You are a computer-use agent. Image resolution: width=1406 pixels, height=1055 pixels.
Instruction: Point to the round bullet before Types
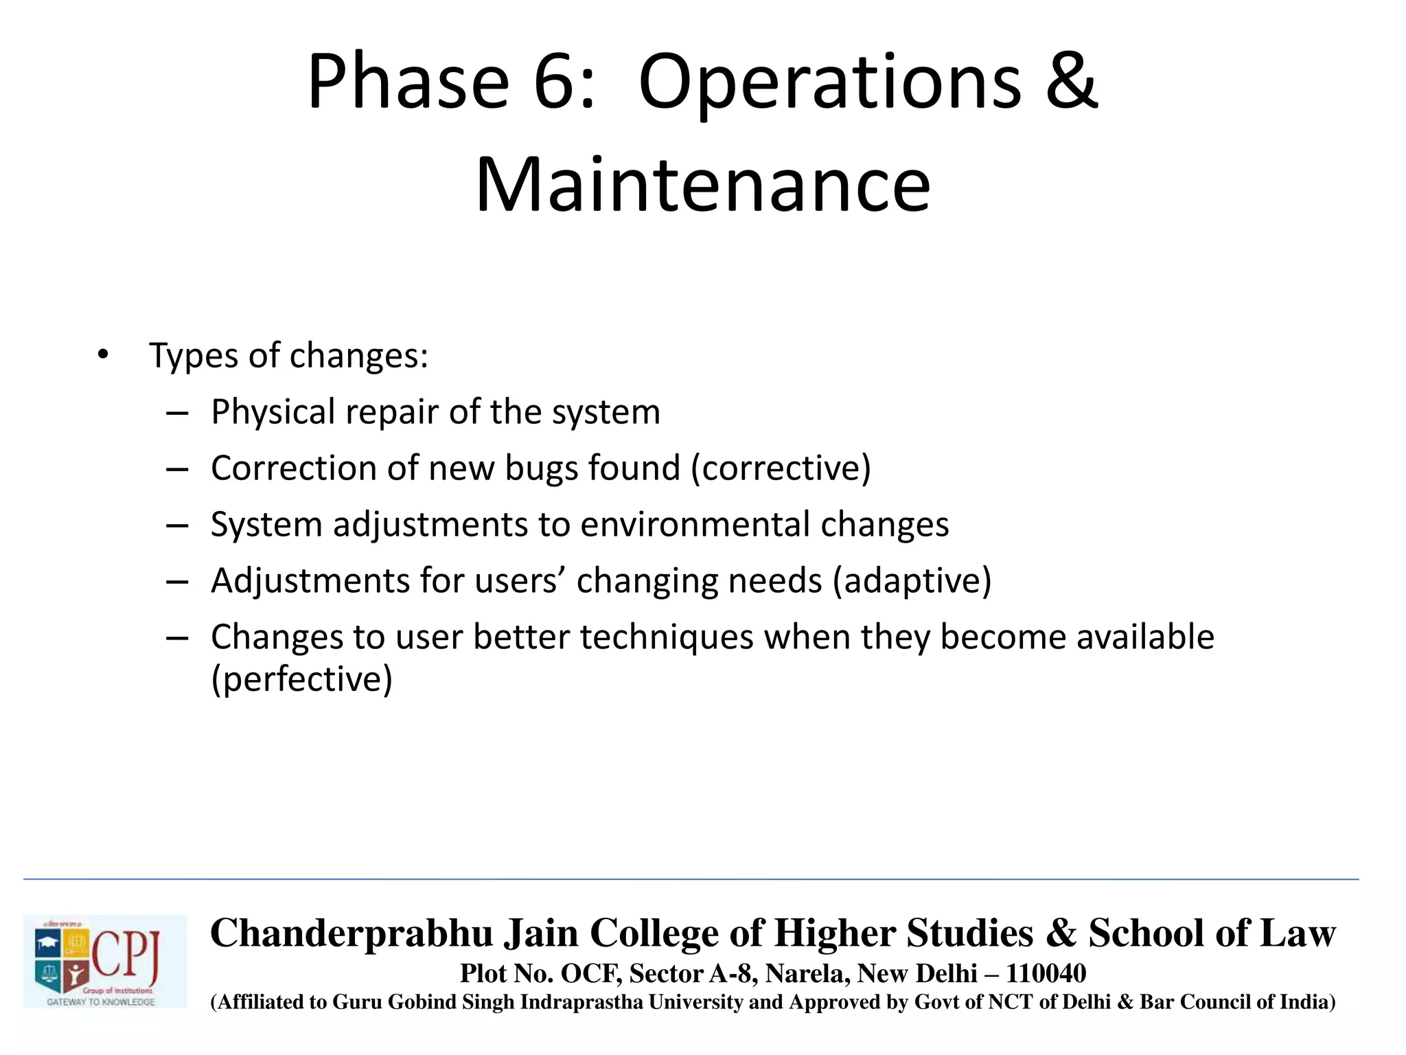[103, 355]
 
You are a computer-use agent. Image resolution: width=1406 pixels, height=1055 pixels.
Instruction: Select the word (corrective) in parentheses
[781, 468]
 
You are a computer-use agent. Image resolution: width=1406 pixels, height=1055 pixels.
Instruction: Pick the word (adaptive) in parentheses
[912, 581]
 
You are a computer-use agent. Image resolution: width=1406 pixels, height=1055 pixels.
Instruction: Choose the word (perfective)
[301, 679]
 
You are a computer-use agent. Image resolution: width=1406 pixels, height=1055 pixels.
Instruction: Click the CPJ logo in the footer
[104, 961]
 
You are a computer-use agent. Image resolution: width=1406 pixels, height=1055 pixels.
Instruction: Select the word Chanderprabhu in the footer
[351, 933]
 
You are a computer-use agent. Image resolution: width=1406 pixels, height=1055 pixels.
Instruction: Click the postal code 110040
[1046, 973]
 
